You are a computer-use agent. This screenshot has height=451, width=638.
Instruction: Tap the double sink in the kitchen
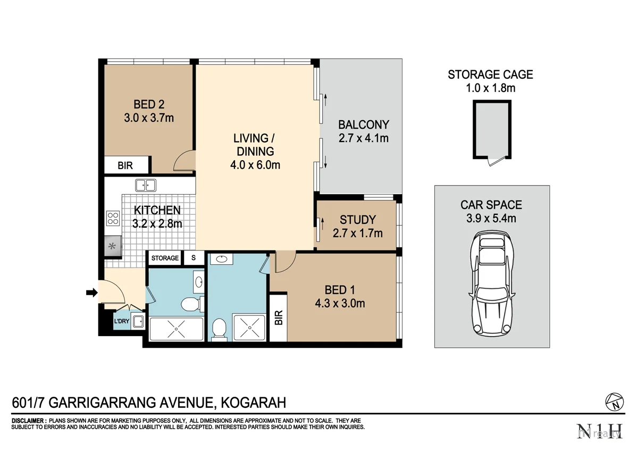point(145,185)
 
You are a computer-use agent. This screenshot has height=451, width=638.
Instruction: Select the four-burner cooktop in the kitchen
point(113,218)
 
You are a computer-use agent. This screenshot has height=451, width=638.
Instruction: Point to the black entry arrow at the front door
point(92,292)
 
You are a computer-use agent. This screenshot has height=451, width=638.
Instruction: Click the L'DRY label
point(121,321)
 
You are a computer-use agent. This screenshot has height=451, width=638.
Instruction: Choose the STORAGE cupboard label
point(165,258)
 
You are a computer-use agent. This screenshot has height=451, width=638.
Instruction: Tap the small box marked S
point(194,258)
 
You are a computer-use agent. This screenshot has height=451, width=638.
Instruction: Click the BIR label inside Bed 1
point(278,318)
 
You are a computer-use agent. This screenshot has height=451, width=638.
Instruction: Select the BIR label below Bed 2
point(125,166)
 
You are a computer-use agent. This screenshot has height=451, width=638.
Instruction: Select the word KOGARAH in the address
point(254,402)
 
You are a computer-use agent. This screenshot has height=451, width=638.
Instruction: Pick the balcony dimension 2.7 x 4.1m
point(364,139)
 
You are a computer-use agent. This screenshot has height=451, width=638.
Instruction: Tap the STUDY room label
point(357,220)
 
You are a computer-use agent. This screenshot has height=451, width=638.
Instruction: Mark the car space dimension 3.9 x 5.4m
point(491,218)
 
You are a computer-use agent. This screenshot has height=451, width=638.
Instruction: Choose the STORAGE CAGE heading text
point(490,74)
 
